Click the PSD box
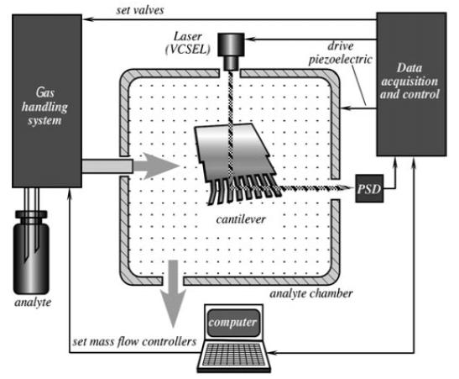(369, 188)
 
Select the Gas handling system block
(47, 101)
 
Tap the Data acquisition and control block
(411, 84)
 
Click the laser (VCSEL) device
(231, 51)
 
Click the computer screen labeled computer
(233, 323)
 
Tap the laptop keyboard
(233, 355)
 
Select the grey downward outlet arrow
(174, 293)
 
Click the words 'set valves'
(140, 11)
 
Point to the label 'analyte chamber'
(310, 293)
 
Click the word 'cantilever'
(241, 219)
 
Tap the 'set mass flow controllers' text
(134, 342)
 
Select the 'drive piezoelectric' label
(341, 53)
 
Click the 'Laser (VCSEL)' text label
(188, 43)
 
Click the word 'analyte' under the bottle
(33, 303)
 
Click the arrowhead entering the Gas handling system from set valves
(87, 19)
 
